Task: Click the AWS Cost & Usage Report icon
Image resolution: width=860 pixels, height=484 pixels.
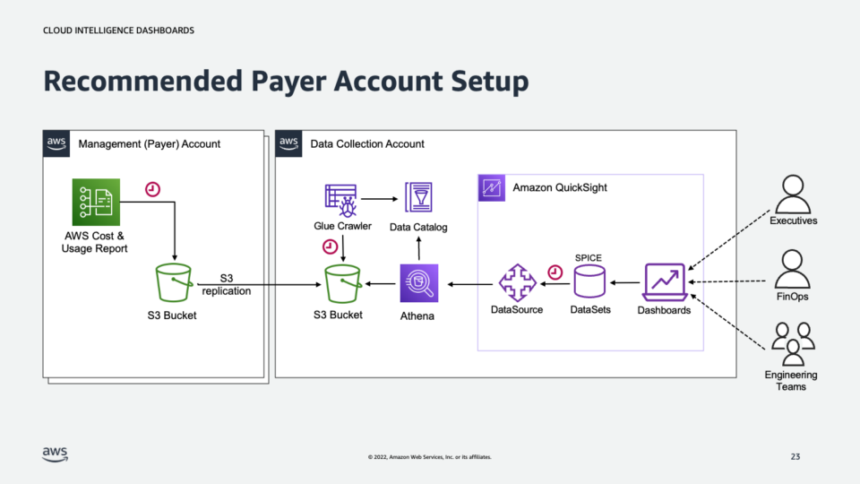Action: click(95, 202)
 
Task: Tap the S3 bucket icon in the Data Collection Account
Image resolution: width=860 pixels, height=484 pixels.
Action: click(344, 284)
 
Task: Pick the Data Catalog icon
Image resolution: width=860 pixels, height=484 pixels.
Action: click(419, 198)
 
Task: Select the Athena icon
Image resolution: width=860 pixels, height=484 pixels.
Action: click(419, 284)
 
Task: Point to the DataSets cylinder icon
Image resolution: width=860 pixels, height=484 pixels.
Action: click(589, 283)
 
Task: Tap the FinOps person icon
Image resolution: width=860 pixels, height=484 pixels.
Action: click(792, 268)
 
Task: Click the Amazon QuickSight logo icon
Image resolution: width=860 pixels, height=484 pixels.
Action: click(492, 188)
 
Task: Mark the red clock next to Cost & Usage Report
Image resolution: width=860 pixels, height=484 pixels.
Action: click(152, 189)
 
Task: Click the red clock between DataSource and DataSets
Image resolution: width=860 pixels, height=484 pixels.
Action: click(555, 271)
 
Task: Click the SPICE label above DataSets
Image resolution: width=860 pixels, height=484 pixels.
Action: click(589, 257)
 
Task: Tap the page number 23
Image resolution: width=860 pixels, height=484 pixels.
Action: click(795, 457)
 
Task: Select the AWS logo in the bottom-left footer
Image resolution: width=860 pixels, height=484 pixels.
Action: click(55, 454)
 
